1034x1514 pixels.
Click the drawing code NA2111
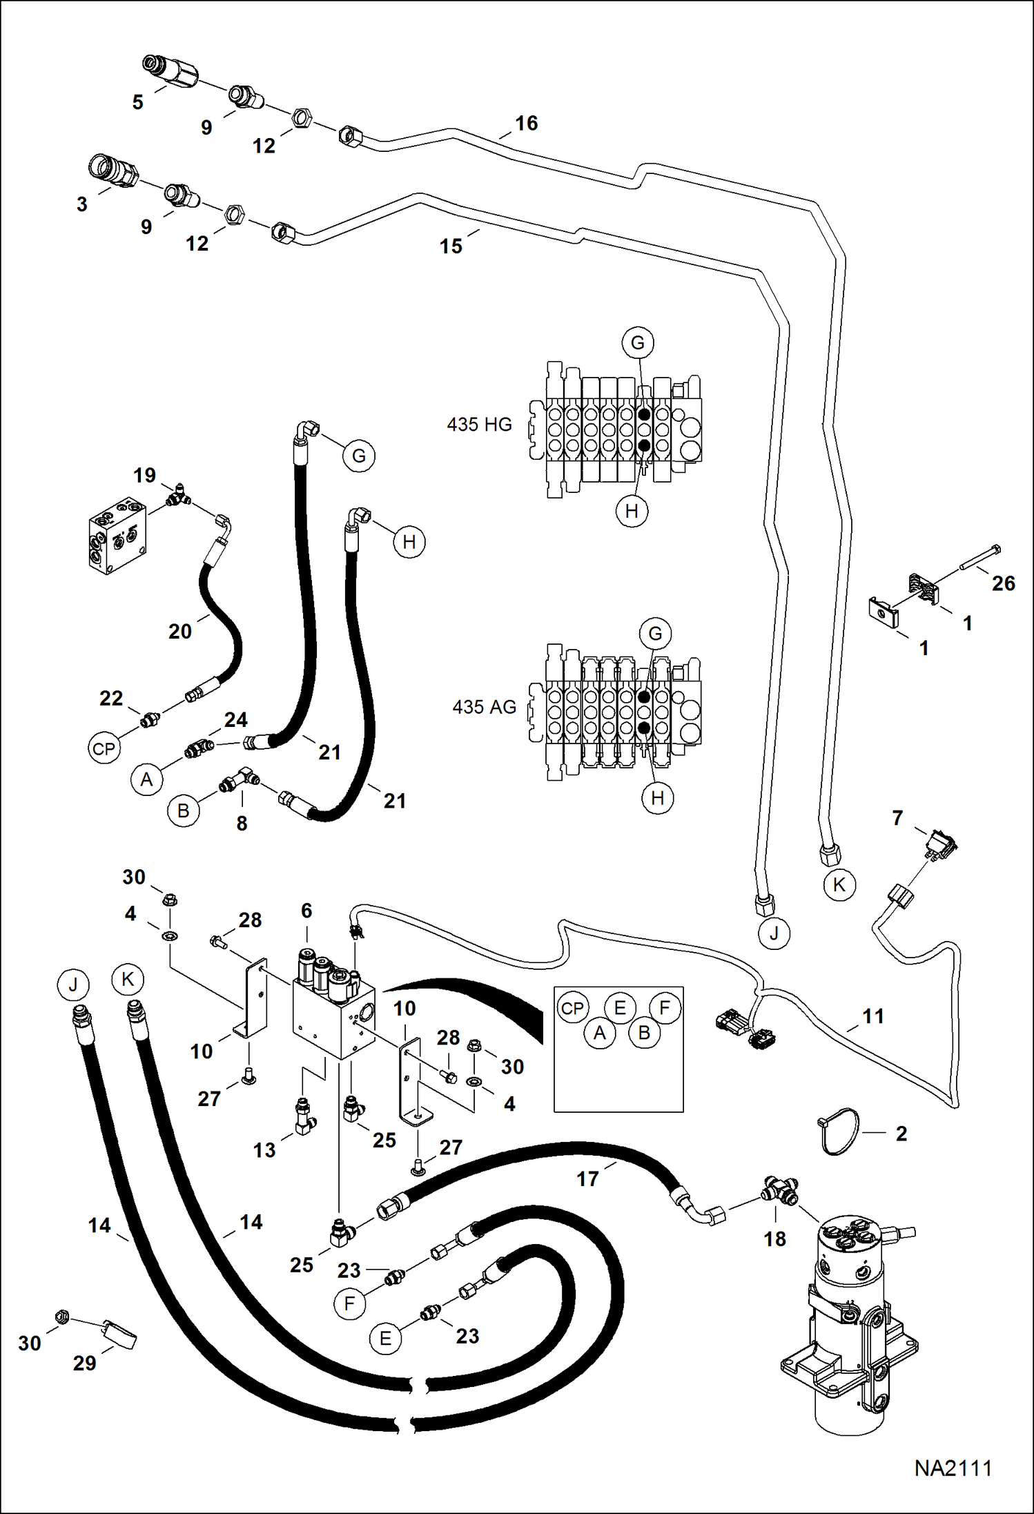point(953,1468)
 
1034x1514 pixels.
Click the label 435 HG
point(479,425)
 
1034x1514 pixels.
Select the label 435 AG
point(484,707)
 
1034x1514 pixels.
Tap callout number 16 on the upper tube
point(526,124)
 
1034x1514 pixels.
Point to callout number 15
point(451,246)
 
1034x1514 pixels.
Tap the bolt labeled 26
point(979,558)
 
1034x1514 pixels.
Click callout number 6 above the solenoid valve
point(306,911)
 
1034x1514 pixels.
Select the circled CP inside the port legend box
point(572,1008)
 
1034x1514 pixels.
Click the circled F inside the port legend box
point(665,1008)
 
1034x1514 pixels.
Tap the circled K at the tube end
point(839,885)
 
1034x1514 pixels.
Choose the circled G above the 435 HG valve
point(637,342)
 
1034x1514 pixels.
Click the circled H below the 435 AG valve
point(657,798)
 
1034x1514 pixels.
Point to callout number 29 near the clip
point(84,1363)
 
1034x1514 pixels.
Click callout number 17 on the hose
point(587,1178)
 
